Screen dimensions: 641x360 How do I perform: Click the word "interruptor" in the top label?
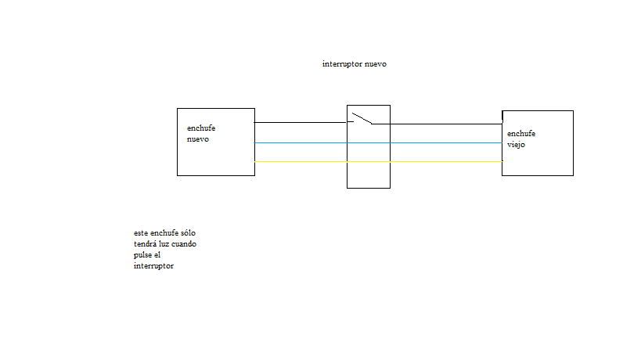click(x=342, y=64)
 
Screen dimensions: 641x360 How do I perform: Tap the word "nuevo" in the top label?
click(x=376, y=64)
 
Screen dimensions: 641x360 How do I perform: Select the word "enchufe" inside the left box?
click(x=201, y=128)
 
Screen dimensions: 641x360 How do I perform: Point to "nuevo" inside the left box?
click(x=198, y=139)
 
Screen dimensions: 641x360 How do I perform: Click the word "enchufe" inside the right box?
click(x=521, y=133)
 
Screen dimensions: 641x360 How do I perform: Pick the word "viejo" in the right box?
click(x=516, y=145)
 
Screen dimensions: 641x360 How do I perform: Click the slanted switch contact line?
click(x=362, y=118)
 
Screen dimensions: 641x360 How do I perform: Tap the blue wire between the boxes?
click(x=378, y=143)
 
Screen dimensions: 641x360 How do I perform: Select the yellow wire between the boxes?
click(x=378, y=162)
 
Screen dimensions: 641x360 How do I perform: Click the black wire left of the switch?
click(x=301, y=122)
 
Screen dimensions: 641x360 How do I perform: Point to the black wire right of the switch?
click(x=437, y=124)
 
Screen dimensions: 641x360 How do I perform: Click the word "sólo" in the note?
click(x=188, y=233)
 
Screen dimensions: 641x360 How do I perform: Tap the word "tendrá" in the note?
click(x=145, y=244)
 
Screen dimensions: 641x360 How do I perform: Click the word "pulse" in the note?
click(x=142, y=255)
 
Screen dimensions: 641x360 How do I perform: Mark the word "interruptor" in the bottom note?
click(x=153, y=266)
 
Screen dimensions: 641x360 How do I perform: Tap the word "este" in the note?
click(x=141, y=233)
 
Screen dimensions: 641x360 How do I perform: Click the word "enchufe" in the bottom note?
click(x=164, y=233)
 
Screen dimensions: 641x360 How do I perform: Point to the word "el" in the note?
click(x=157, y=255)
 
